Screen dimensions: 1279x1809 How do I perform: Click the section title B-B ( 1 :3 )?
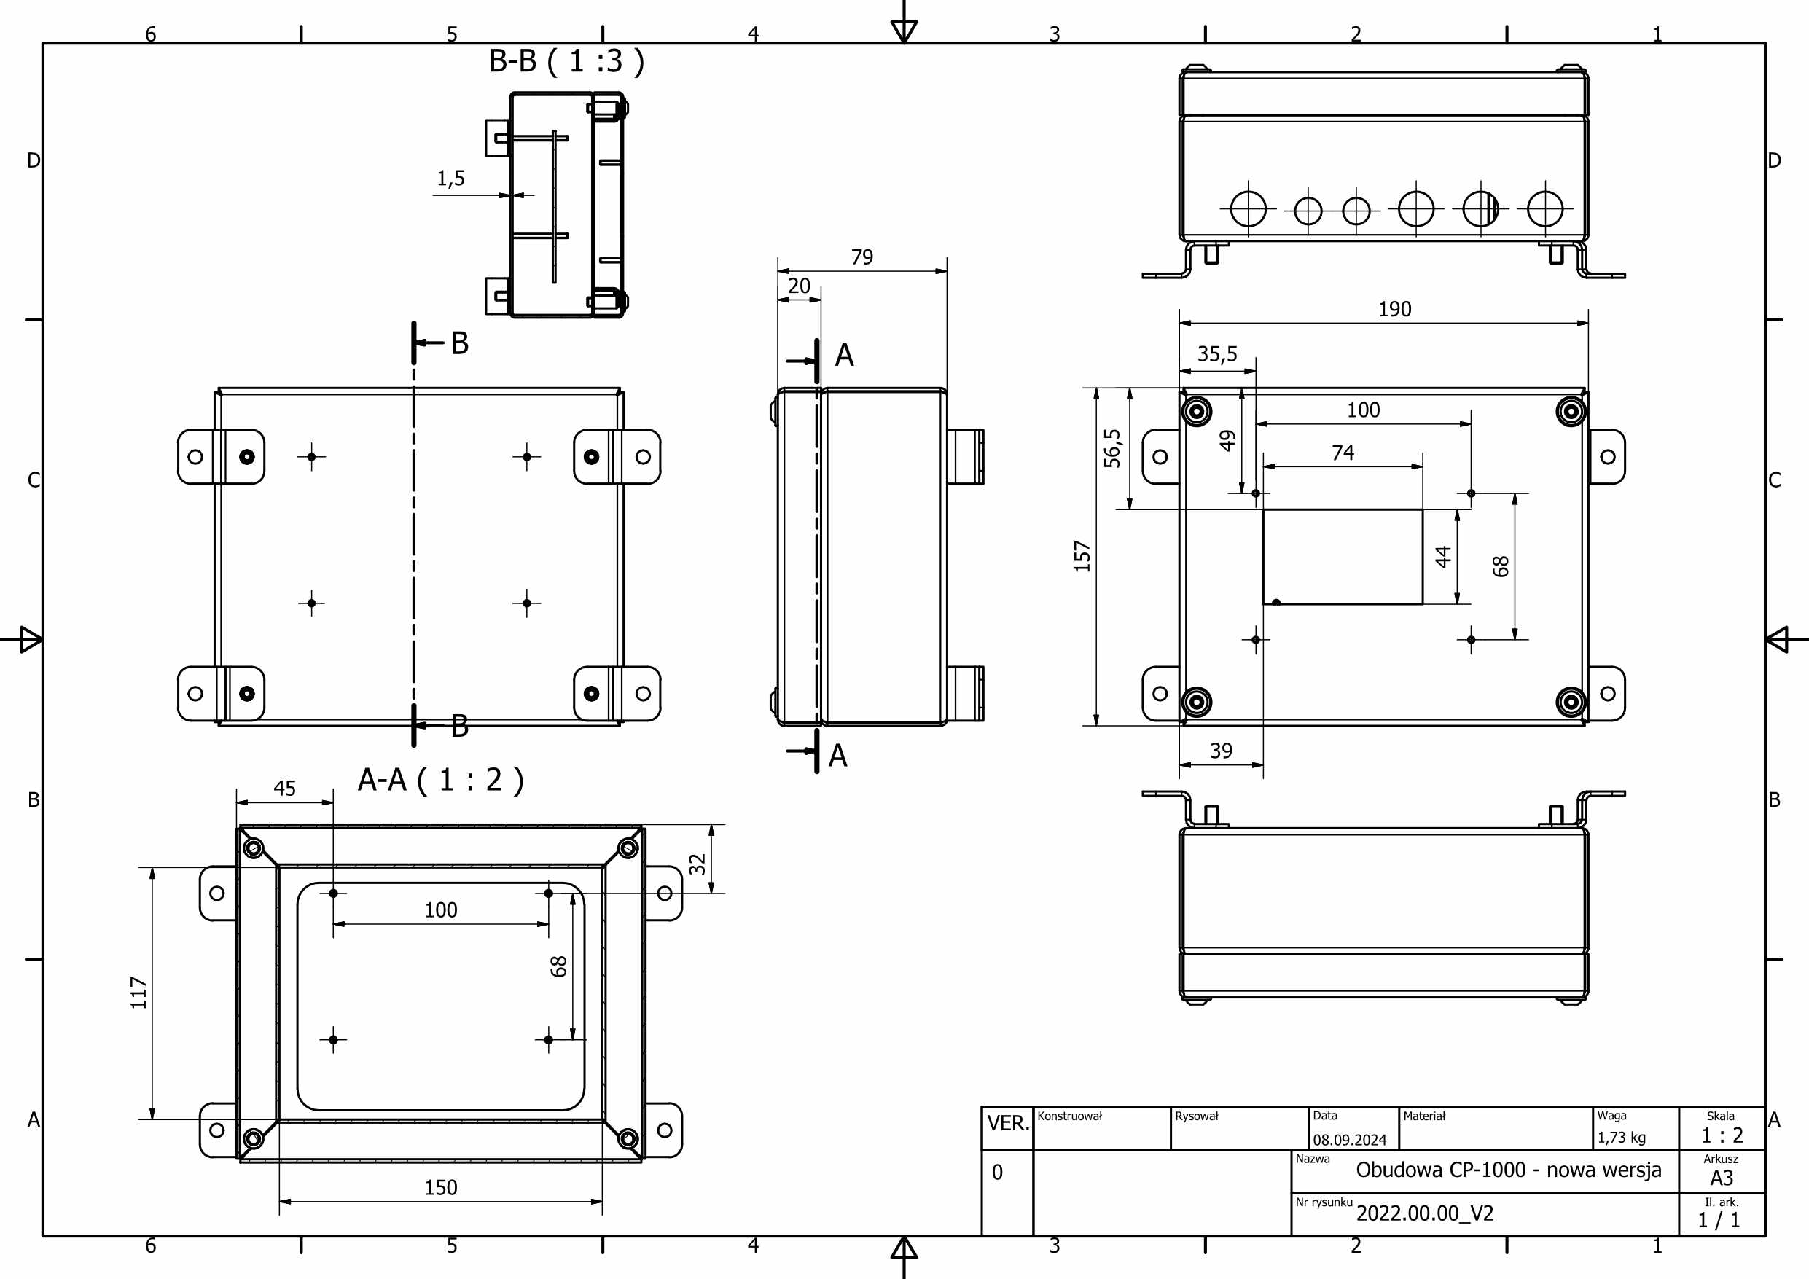click(x=566, y=61)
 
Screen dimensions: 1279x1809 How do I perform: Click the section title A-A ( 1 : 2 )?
click(x=440, y=781)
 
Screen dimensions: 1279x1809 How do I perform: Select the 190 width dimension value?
click(x=1394, y=310)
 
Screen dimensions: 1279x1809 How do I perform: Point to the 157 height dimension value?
click(x=1082, y=556)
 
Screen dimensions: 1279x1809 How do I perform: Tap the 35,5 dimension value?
click(x=1216, y=355)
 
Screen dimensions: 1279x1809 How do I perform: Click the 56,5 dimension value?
click(x=1111, y=448)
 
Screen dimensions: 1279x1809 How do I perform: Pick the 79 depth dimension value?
click(x=861, y=258)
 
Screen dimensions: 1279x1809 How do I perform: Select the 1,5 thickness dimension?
click(x=450, y=179)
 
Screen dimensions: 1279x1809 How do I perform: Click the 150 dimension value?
click(x=440, y=1188)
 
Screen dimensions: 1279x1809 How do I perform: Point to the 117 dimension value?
click(x=139, y=993)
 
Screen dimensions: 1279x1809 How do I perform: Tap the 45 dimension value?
click(x=284, y=789)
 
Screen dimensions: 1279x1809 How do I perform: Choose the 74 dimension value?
click(x=1343, y=453)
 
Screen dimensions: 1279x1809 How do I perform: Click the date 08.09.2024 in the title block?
click(x=1349, y=1141)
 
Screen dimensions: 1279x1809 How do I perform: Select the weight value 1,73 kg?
click(x=1621, y=1138)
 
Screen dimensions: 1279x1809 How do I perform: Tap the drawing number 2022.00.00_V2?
click(x=1424, y=1213)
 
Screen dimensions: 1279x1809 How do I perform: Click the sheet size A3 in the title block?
click(x=1721, y=1179)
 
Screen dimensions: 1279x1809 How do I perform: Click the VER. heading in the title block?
click(x=1008, y=1124)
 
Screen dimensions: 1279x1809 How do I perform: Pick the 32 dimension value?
click(x=698, y=864)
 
